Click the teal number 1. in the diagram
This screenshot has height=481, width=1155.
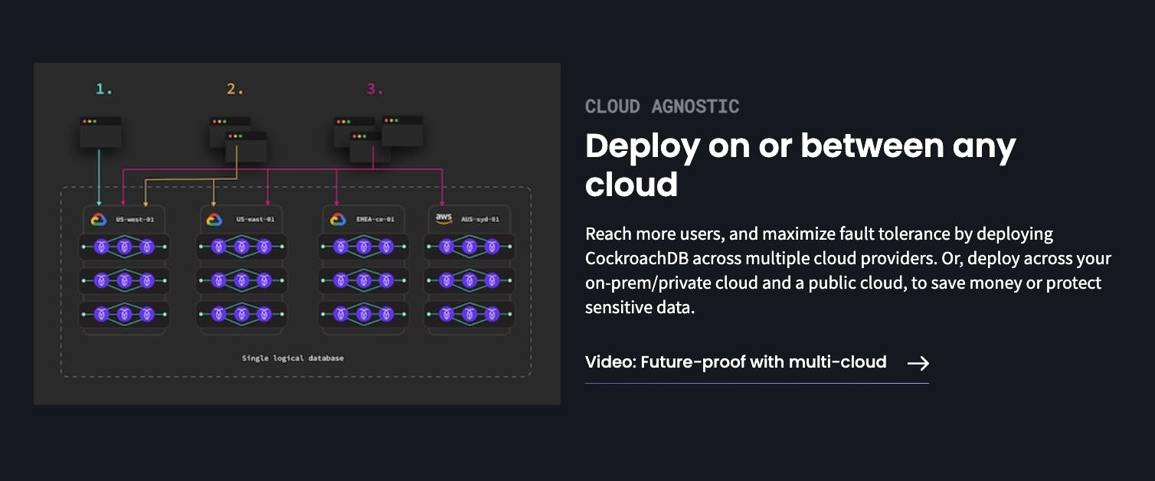click(104, 90)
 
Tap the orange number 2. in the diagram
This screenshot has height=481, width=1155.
click(234, 90)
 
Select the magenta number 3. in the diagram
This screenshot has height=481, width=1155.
click(375, 90)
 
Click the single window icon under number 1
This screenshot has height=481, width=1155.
click(100, 132)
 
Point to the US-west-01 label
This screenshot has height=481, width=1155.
click(135, 220)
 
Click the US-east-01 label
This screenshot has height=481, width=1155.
click(255, 220)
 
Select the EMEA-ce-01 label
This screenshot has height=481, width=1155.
click(375, 220)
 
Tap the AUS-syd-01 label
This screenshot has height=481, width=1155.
click(480, 220)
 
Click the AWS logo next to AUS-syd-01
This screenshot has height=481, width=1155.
click(444, 219)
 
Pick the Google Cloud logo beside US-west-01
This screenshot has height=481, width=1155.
click(98, 220)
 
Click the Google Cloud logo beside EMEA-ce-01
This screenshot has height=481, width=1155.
click(338, 220)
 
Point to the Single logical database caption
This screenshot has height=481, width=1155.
click(293, 358)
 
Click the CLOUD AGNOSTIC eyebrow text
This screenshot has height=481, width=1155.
click(662, 106)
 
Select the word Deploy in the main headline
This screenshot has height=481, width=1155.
click(641, 146)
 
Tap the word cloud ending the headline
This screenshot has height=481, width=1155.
click(631, 185)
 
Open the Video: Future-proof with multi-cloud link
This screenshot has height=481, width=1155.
click(735, 362)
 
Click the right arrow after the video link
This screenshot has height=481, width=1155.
click(918, 363)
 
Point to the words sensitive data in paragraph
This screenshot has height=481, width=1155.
click(640, 308)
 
